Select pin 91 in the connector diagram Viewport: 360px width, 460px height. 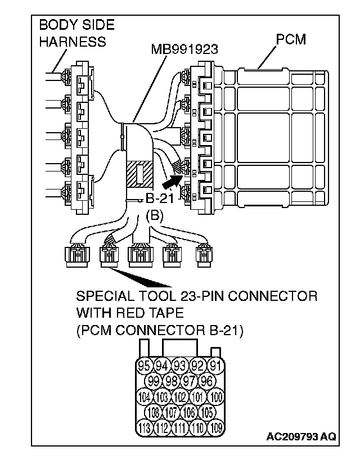click(x=214, y=365)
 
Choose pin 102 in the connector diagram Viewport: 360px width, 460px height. click(x=179, y=396)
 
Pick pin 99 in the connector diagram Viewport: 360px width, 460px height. click(x=154, y=381)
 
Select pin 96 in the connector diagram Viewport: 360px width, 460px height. click(x=206, y=381)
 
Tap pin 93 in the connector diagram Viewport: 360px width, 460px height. click(x=179, y=365)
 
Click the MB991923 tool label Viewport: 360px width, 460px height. click(x=184, y=49)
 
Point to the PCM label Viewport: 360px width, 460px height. click(x=291, y=40)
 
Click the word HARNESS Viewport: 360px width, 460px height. click(x=72, y=42)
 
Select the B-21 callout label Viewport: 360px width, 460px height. click(x=159, y=198)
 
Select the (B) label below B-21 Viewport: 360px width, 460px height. click(x=155, y=214)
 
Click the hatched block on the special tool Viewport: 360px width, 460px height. click(x=138, y=174)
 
